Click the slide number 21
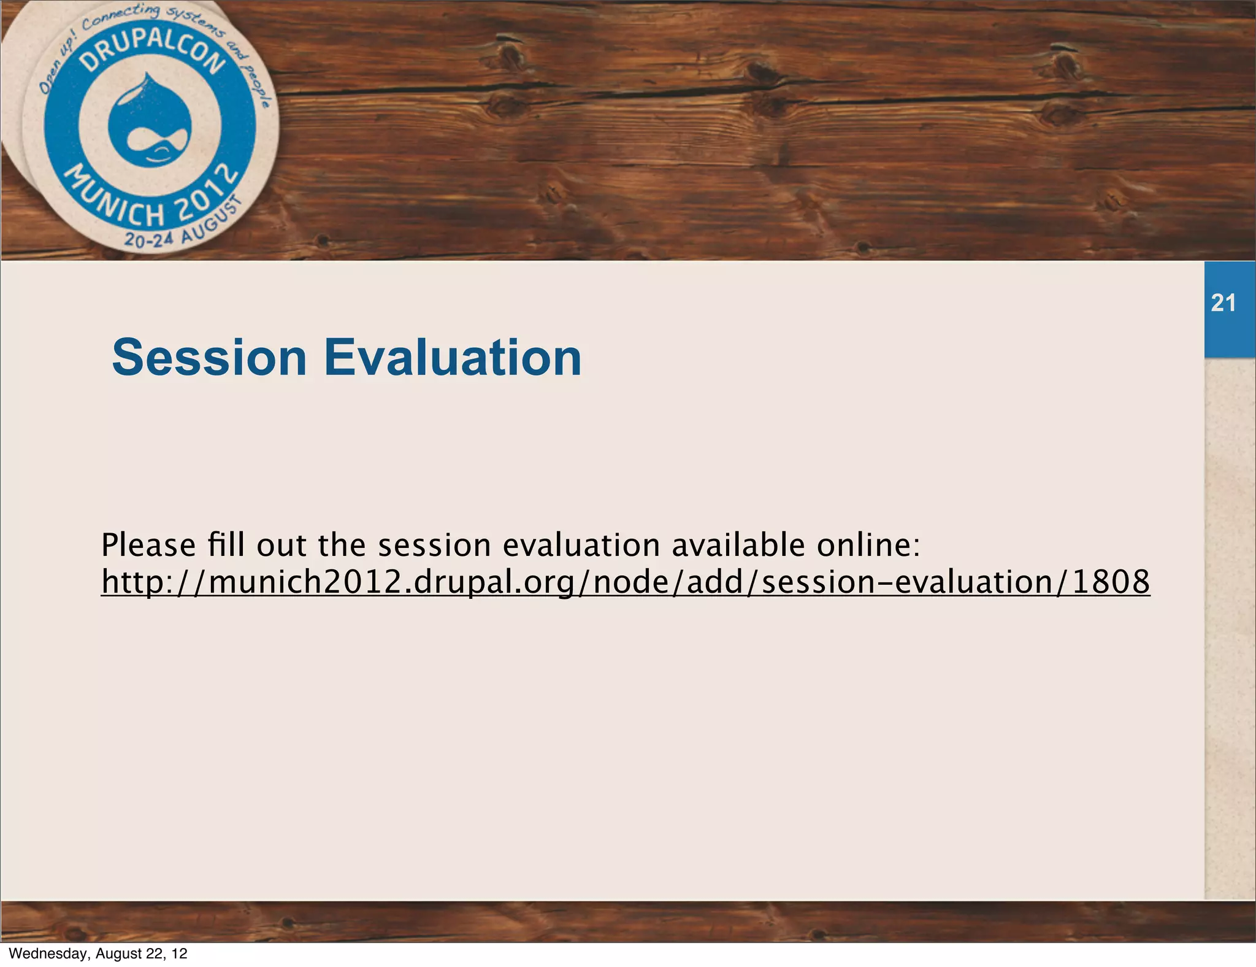coord(1223,303)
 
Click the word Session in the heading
coord(209,358)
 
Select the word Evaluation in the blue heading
coord(453,358)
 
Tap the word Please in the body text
coord(148,545)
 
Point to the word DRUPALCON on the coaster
coord(153,50)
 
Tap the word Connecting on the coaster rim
coord(121,15)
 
